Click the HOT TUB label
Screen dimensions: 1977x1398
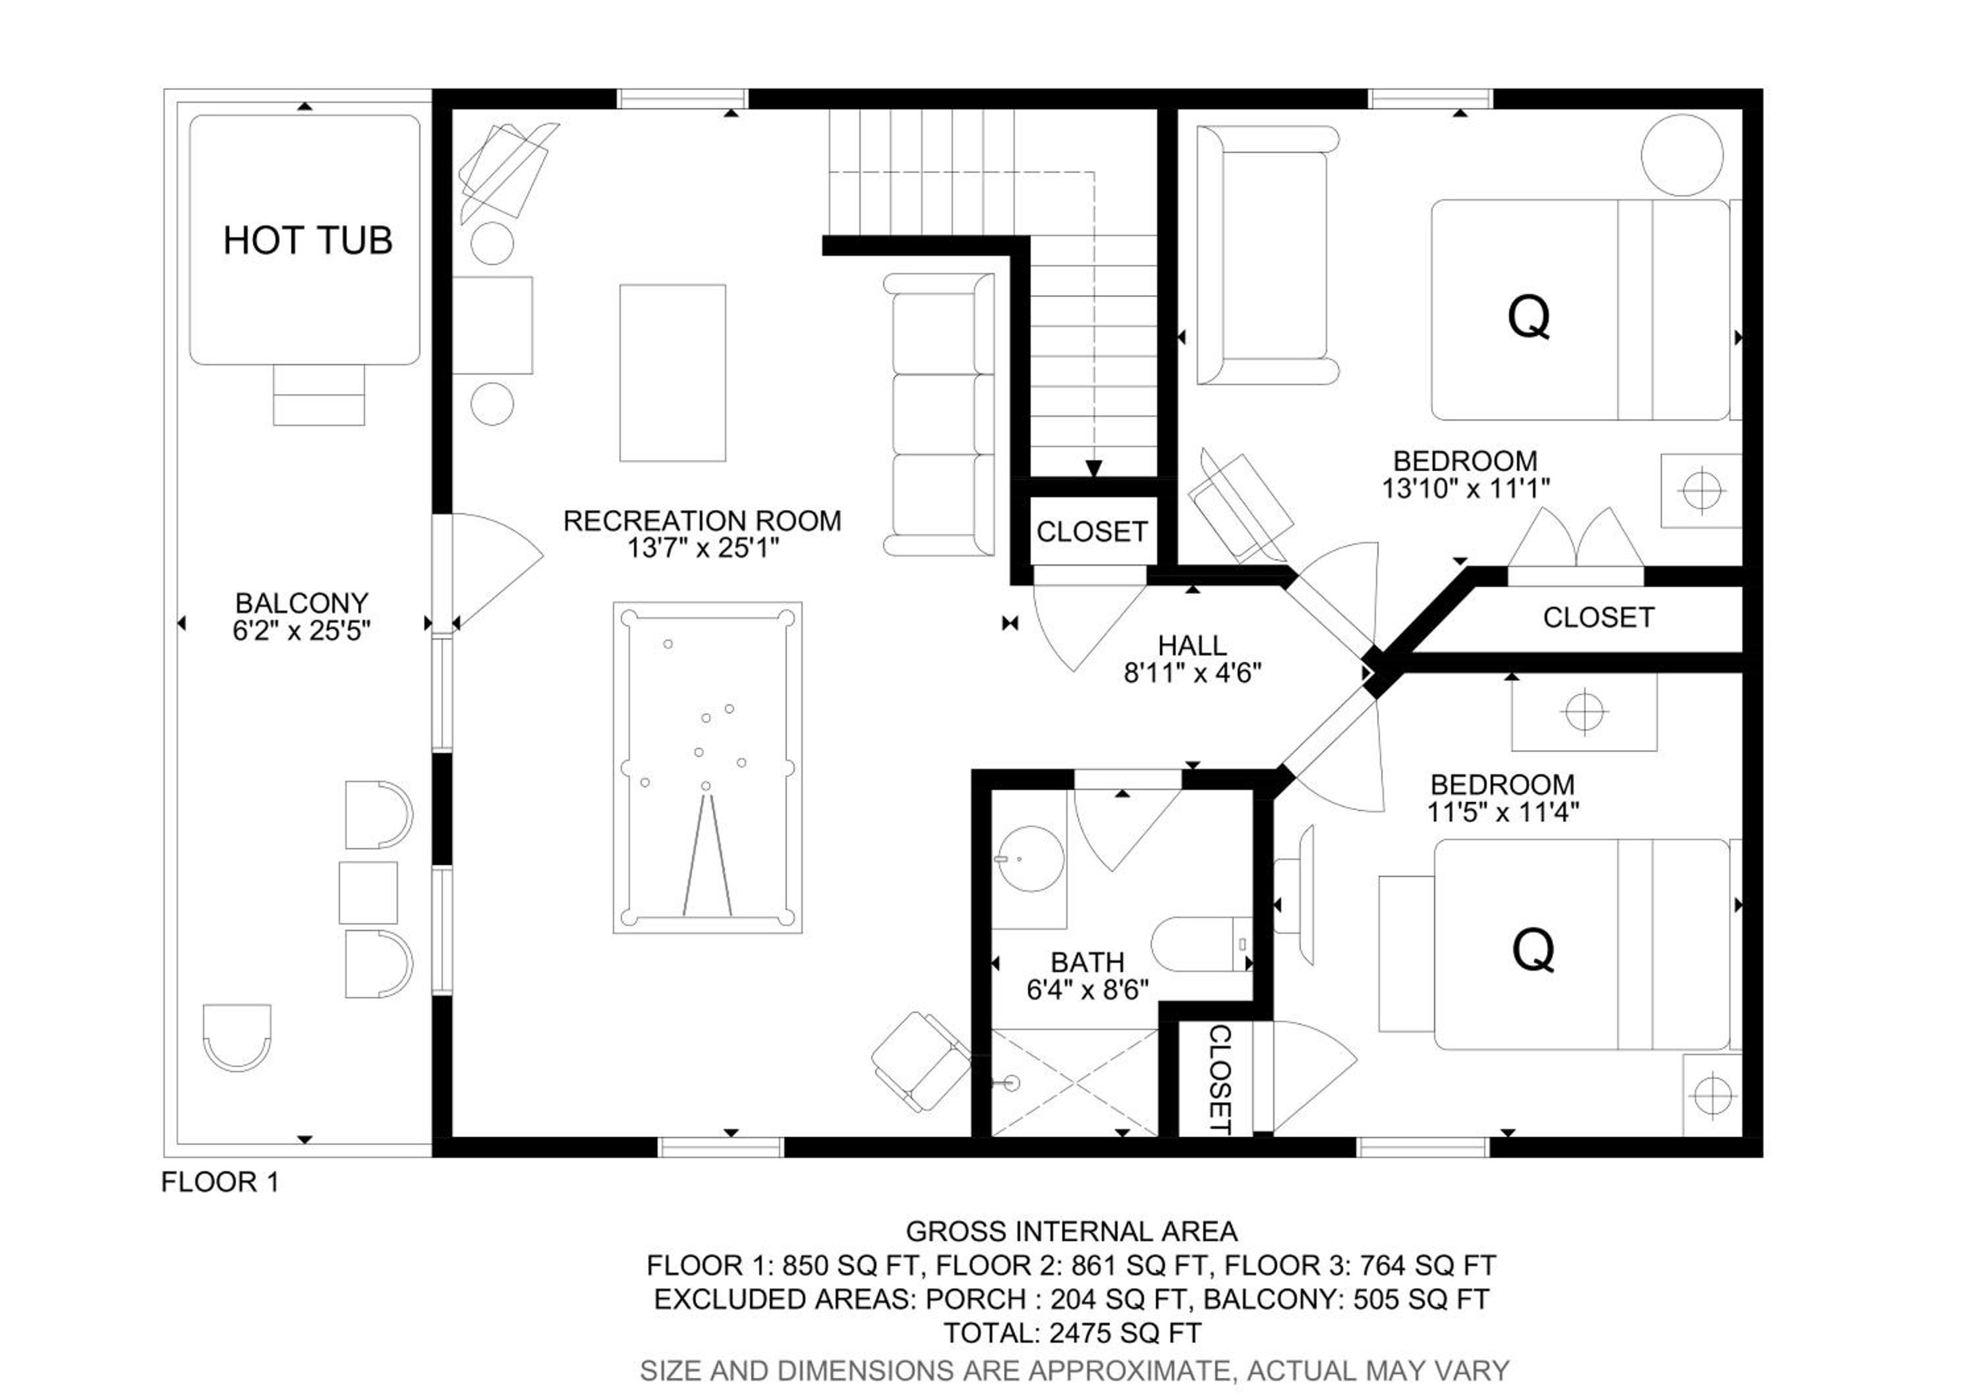pyautogui.click(x=307, y=240)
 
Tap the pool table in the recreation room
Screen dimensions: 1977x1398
pyautogui.click(x=708, y=768)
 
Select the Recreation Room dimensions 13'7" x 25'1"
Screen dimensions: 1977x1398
pyautogui.click(x=702, y=548)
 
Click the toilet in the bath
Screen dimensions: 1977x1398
pyautogui.click(x=1202, y=944)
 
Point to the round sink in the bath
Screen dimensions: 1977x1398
pyautogui.click(x=1031, y=860)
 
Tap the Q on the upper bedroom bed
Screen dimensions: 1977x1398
pyautogui.click(x=1528, y=317)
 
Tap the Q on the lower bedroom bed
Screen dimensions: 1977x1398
pyautogui.click(x=1533, y=950)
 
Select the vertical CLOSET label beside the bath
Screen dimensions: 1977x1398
pyautogui.click(x=1219, y=1079)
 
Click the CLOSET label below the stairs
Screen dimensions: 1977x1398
pyautogui.click(x=1092, y=532)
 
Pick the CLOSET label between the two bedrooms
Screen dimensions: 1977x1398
pyautogui.click(x=1598, y=618)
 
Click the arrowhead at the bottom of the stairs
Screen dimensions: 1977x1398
pyautogui.click(x=1093, y=469)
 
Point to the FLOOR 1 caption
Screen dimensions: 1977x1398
pyautogui.click(x=220, y=1182)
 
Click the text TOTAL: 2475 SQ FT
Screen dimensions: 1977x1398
pyautogui.click(x=1072, y=1333)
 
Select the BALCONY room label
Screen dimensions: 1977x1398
pyautogui.click(x=301, y=602)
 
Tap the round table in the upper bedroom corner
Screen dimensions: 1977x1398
pyautogui.click(x=1682, y=155)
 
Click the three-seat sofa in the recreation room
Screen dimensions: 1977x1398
pyautogui.click(x=938, y=414)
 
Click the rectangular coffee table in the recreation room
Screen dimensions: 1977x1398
pyautogui.click(x=672, y=373)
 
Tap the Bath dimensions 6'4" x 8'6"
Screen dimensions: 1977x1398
pyautogui.click(x=1087, y=990)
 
